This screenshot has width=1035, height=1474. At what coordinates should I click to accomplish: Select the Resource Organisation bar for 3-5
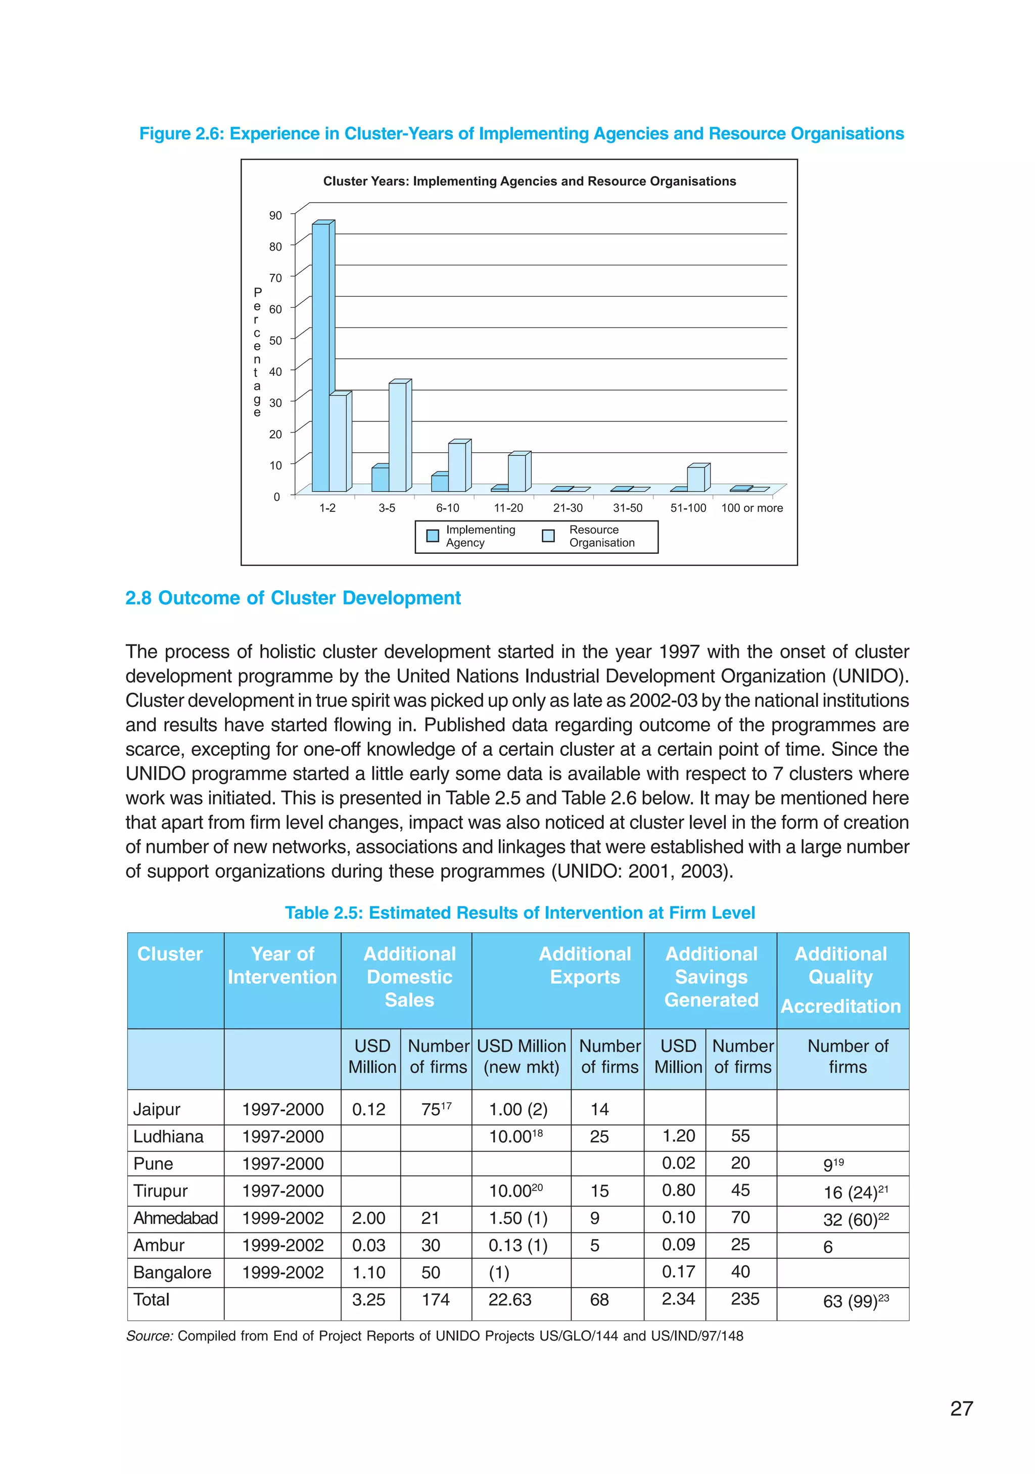[397, 437]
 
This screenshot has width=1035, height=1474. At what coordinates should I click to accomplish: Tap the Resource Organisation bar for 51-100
[695, 479]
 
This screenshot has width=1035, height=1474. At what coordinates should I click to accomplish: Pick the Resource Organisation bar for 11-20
[516, 473]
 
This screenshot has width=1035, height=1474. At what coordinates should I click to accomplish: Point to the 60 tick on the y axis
[275, 309]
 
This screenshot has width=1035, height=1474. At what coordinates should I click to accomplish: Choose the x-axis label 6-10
[448, 508]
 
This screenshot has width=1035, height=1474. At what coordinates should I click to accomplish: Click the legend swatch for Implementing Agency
[433, 536]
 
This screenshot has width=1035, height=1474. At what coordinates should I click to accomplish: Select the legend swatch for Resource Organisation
[548, 536]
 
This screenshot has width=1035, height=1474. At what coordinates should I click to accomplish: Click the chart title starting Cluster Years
[529, 181]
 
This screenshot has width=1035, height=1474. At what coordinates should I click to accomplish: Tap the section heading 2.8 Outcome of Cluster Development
[293, 598]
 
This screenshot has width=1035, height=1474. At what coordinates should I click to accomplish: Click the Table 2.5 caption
[520, 912]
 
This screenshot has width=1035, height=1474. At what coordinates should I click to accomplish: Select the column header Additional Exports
[584, 965]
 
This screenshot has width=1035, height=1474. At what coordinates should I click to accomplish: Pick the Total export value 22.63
[510, 1299]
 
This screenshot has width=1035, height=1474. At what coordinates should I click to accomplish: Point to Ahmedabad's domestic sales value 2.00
[368, 1218]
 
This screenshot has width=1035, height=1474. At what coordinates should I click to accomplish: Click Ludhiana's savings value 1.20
[678, 1135]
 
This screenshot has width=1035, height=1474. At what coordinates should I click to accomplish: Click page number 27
[961, 1408]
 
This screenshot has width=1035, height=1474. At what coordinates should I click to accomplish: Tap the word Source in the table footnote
[148, 1336]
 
